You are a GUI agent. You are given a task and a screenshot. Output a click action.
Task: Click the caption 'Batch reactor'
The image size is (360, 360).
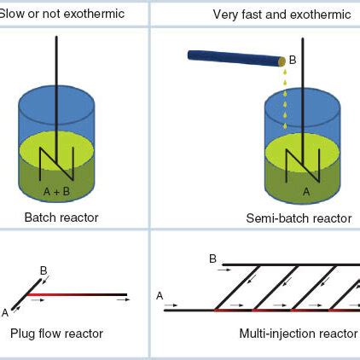(61, 218)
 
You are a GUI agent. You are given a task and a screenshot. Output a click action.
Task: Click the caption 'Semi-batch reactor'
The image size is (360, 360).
(299, 218)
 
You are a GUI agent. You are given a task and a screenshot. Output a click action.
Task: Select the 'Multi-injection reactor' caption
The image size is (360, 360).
(299, 333)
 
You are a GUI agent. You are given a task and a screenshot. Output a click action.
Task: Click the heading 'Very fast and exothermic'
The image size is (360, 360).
(281, 15)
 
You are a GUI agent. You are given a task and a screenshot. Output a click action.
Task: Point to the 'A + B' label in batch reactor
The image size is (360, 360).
(56, 191)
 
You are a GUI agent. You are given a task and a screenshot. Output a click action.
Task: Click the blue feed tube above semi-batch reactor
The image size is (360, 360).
(234, 58)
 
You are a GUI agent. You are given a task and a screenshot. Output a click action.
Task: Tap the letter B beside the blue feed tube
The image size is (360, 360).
(293, 60)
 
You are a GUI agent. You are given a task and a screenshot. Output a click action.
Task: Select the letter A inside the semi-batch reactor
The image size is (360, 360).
(307, 192)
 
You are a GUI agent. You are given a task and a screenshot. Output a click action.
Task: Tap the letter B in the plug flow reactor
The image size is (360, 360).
(44, 270)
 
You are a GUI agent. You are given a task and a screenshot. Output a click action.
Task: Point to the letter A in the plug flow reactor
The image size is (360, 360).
(5, 312)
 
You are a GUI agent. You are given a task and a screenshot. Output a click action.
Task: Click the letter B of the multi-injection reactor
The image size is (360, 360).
(212, 258)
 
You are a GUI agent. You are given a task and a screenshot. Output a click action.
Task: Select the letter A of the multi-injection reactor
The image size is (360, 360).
(160, 295)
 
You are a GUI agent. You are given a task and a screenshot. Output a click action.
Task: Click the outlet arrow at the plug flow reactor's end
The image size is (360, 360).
(124, 299)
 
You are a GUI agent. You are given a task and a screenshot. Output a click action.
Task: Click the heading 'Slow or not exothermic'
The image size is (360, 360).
(61, 15)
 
